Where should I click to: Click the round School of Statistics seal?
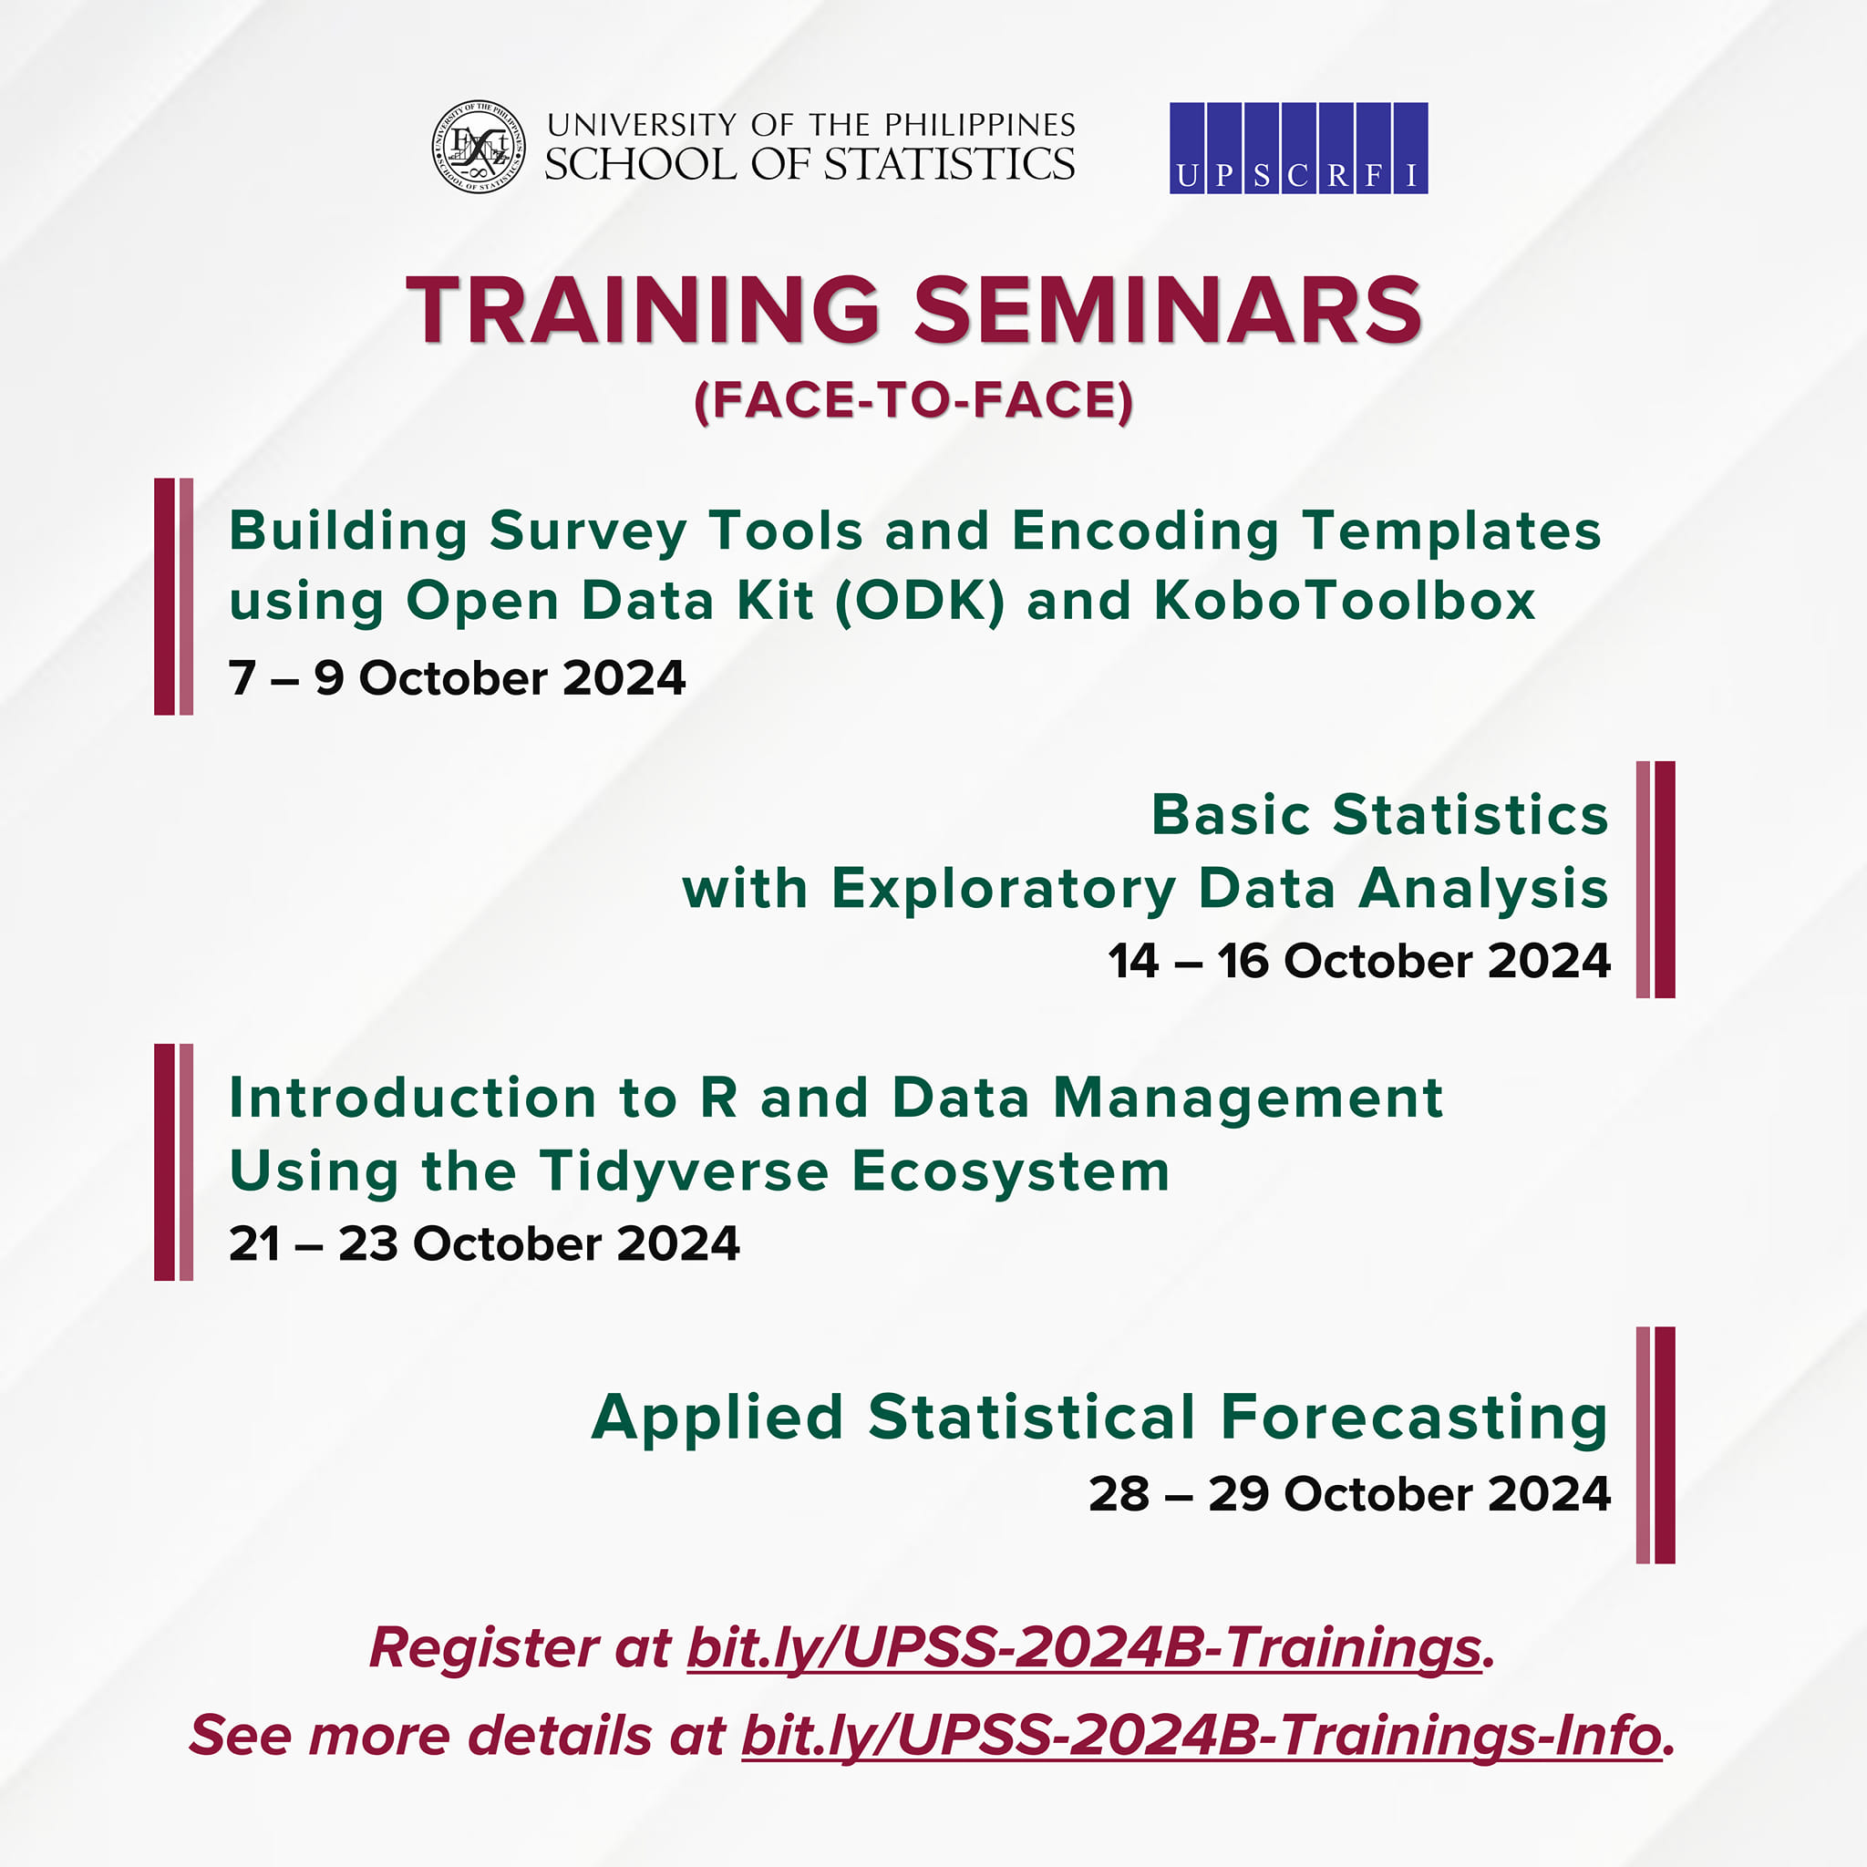[479, 146]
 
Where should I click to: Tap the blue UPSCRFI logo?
[1298, 148]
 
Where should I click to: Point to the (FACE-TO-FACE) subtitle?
[913, 400]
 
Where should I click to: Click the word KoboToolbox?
[1345, 600]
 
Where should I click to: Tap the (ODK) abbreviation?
[919, 600]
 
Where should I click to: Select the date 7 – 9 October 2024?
[457, 677]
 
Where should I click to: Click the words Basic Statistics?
[1379, 814]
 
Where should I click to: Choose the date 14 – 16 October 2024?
[1358, 961]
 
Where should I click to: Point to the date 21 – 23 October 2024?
[484, 1243]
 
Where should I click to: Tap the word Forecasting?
[1414, 1417]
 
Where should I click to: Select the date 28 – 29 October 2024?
[1349, 1494]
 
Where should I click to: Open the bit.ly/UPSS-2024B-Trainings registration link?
[1083, 1647]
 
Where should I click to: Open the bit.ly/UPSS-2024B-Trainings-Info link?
[1202, 1735]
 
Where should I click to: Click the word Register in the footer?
[485, 1647]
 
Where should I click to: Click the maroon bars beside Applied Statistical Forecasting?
[1655, 1445]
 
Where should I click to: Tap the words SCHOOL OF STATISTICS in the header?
[809, 164]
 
